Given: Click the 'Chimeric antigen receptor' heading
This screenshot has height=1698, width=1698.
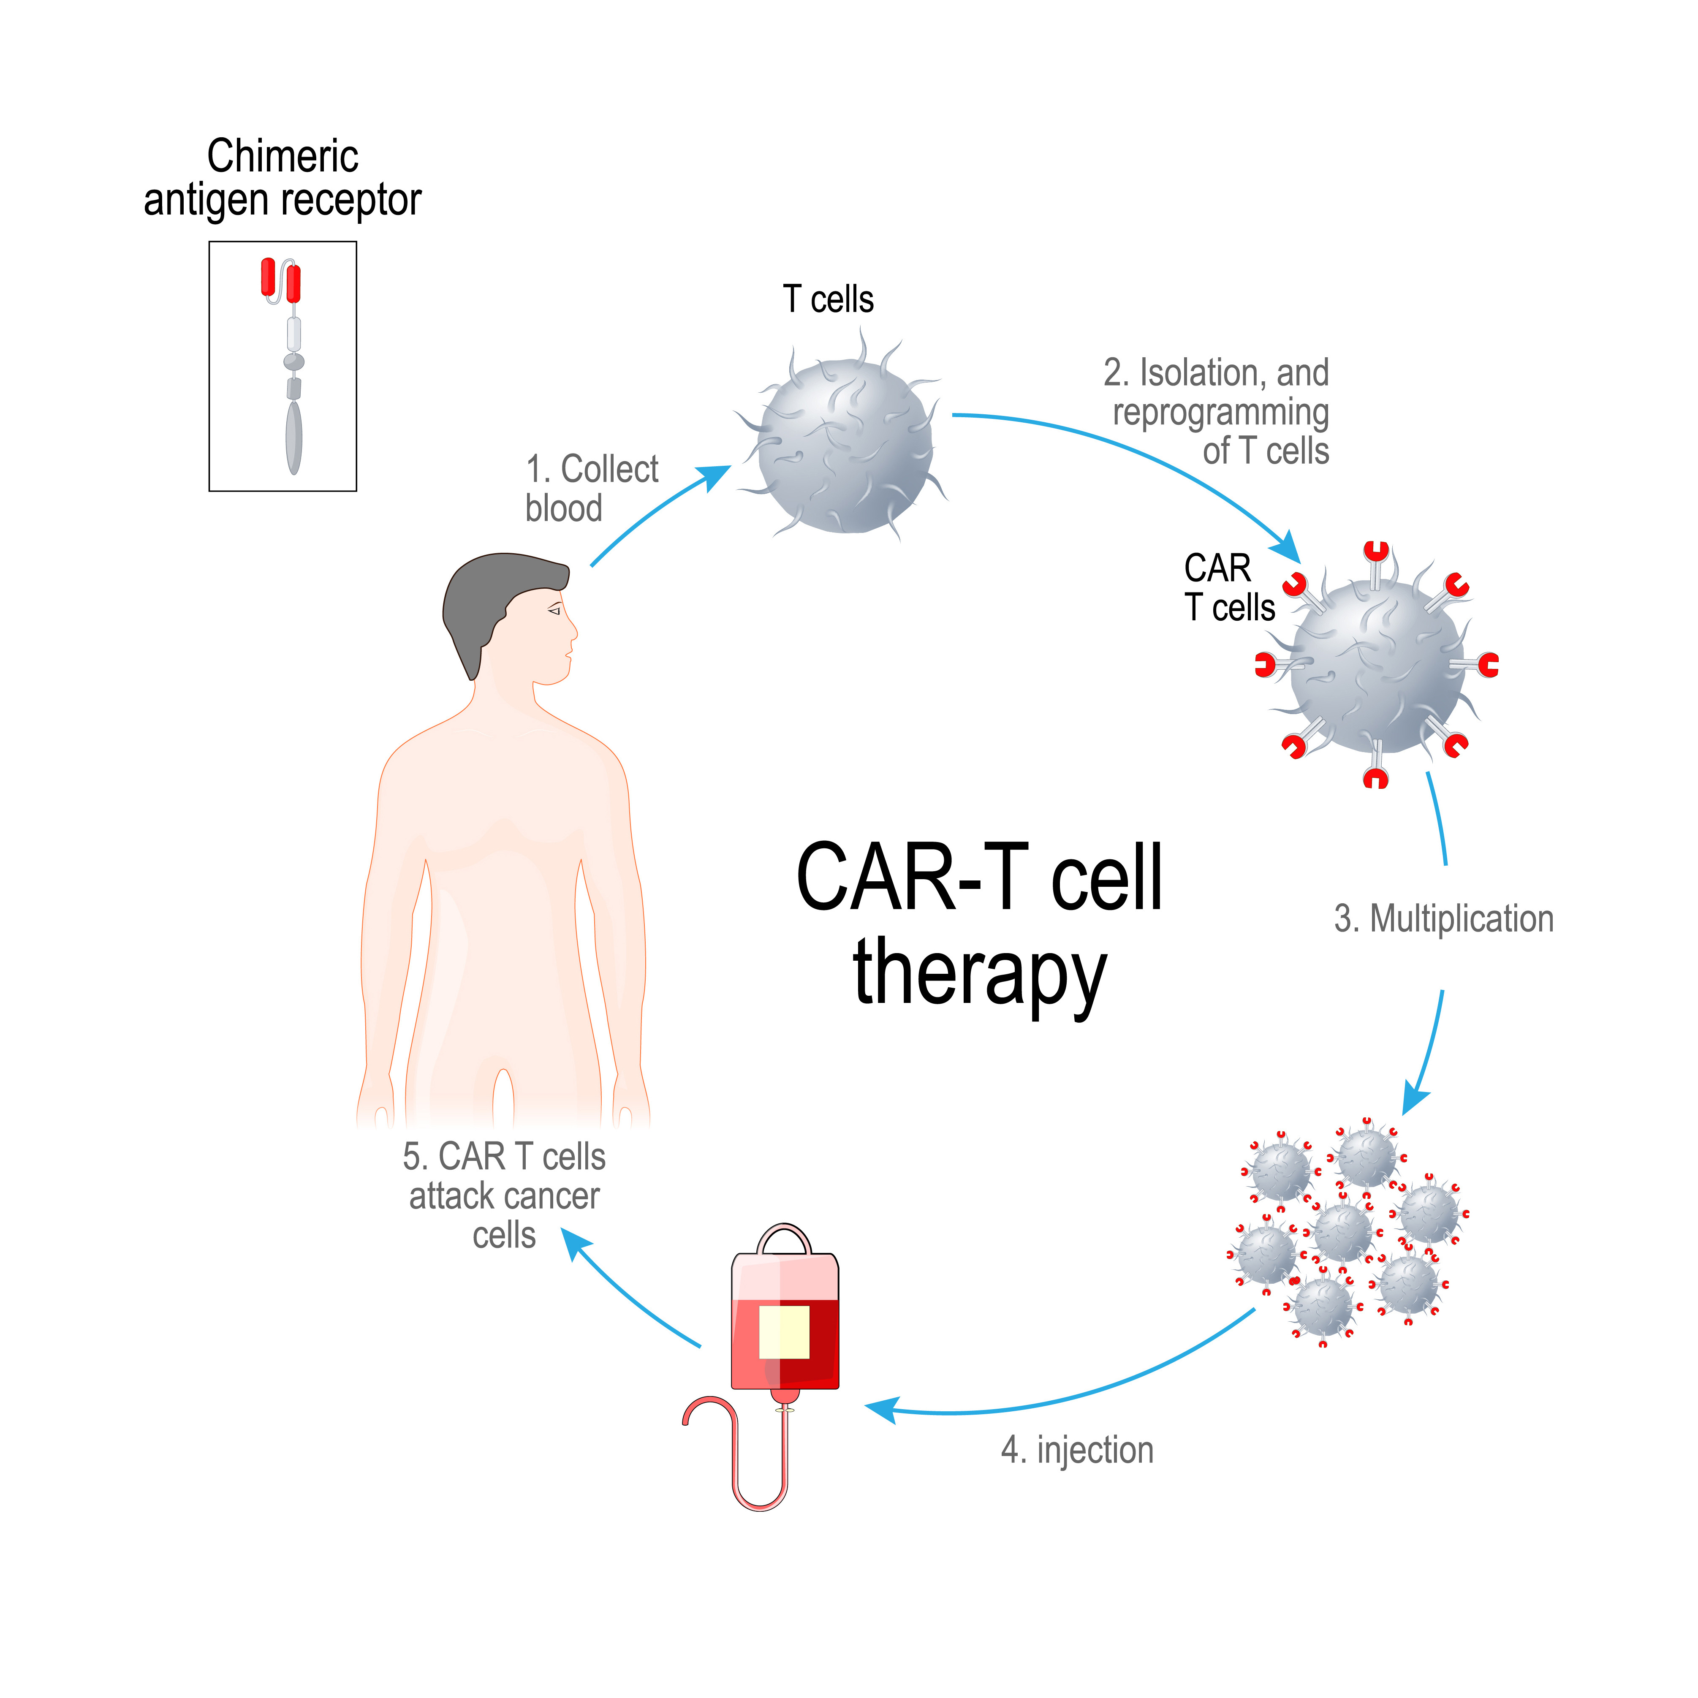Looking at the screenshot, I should point(282,177).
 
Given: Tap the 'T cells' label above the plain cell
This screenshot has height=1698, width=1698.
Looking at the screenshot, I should point(828,300).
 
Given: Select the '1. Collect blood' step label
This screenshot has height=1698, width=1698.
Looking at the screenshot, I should point(591,489).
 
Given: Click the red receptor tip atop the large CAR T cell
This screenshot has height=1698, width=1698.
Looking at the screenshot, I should point(1376,552).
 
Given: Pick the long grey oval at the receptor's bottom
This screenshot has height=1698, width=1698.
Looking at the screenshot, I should point(293,437).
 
